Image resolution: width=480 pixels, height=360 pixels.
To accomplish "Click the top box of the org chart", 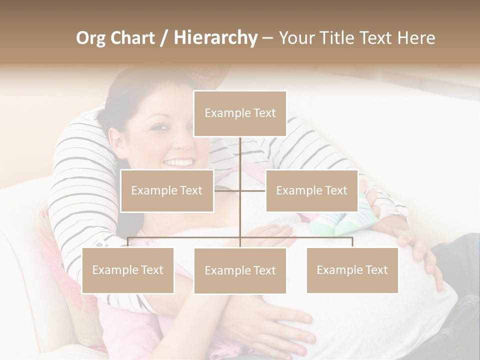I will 240,113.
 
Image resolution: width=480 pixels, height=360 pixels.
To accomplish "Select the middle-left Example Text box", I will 167,190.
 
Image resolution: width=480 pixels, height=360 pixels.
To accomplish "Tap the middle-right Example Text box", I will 311,190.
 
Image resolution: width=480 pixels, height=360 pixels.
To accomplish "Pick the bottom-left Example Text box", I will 128,270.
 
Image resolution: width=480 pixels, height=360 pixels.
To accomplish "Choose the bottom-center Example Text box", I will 240,271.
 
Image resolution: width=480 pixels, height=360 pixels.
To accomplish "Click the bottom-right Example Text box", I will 352,270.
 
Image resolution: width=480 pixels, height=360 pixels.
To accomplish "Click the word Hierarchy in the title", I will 215,37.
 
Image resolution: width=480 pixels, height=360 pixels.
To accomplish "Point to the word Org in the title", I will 91,37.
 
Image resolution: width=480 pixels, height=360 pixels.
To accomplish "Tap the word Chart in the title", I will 132,37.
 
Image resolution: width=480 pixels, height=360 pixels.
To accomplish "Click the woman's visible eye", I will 159,127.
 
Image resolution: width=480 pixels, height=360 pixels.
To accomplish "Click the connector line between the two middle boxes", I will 240,190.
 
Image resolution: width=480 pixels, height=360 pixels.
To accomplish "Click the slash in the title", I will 162,37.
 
